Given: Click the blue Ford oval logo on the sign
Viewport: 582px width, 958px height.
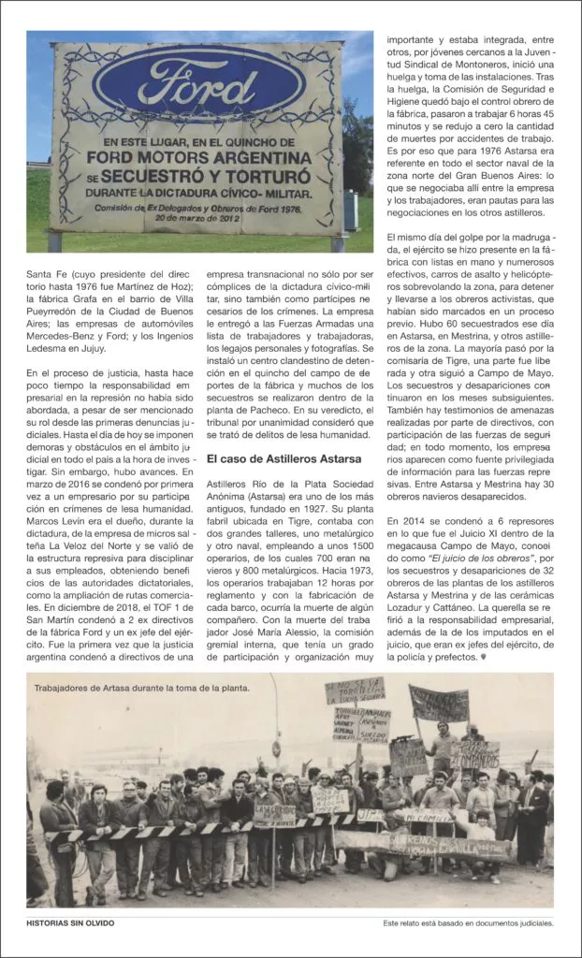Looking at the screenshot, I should coord(198,84).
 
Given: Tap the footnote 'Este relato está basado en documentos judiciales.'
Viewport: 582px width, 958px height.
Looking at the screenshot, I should coord(468,922).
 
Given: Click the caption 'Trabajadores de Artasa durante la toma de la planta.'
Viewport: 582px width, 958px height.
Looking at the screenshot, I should coord(142,688).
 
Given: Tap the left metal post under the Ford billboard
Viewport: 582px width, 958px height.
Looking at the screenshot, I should coord(55,241).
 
